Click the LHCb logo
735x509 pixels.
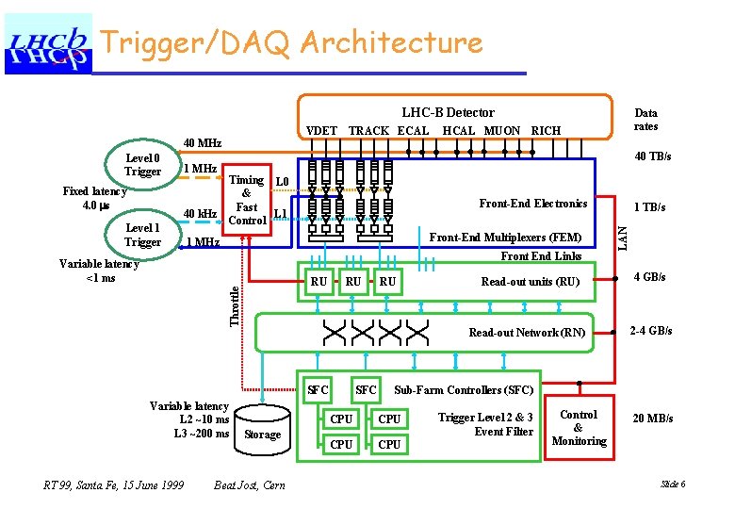point(49,43)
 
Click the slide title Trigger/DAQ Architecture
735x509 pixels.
point(291,42)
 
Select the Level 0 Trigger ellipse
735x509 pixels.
point(143,164)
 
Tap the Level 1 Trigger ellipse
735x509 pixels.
point(143,235)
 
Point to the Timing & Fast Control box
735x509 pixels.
point(247,200)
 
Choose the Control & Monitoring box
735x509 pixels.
point(579,428)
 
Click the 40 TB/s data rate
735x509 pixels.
point(652,156)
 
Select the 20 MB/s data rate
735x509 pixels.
point(652,419)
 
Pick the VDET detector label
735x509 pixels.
point(322,131)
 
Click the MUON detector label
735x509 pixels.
point(501,131)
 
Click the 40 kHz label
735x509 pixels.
point(201,214)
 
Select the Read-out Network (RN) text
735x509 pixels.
point(527,333)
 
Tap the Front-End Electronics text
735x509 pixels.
point(532,204)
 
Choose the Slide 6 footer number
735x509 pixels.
point(673,484)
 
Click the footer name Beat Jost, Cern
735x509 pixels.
point(250,484)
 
